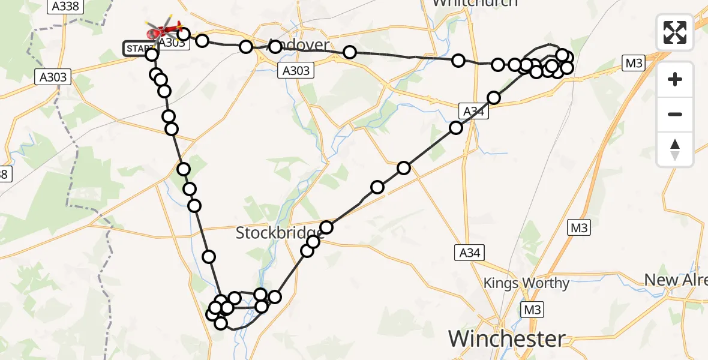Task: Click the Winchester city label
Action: point(506,339)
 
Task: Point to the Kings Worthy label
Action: point(526,283)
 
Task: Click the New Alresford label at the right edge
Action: point(676,280)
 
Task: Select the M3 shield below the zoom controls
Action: point(580,228)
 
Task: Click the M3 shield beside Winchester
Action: point(532,310)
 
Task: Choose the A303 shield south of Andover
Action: point(296,71)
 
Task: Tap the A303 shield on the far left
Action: point(53,77)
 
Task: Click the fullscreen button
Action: point(675,32)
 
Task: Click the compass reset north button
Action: point(675,149)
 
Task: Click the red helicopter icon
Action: point(164,29)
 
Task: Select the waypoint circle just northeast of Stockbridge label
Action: point(326,227)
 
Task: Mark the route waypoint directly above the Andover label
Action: point(275,46)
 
